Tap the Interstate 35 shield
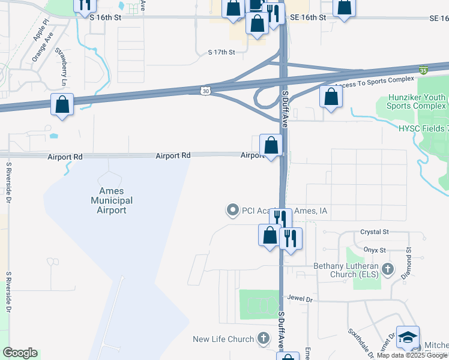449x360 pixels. [424, 70]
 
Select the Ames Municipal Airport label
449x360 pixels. [111, 200]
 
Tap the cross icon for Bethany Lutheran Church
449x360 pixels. [388, 270]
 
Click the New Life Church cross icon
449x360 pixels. [263, 339]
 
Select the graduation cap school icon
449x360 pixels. [408, 338]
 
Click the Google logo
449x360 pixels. [20, 353]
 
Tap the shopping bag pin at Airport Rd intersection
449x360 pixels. [271, 145]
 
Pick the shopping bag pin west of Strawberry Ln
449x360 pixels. [62, 104]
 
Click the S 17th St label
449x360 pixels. [220, 53]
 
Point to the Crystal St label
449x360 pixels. [375, 232]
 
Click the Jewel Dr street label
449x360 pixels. [301, 299]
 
